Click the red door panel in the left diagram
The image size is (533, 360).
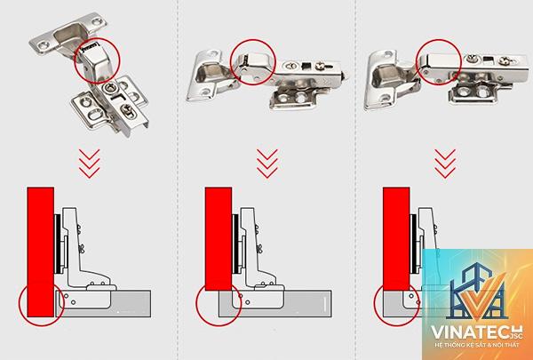click(41, 252)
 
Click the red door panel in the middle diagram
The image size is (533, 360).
click(219, 238)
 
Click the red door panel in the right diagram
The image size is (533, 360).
click(396, 238)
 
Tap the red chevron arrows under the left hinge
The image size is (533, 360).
click(90, 164)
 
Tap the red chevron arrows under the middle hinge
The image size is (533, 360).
click(267, 164)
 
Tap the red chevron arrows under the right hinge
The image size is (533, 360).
click(445, 164)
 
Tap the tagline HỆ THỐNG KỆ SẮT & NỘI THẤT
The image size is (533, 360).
click(476, 345)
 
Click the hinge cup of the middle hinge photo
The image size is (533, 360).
click(207, 76)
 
